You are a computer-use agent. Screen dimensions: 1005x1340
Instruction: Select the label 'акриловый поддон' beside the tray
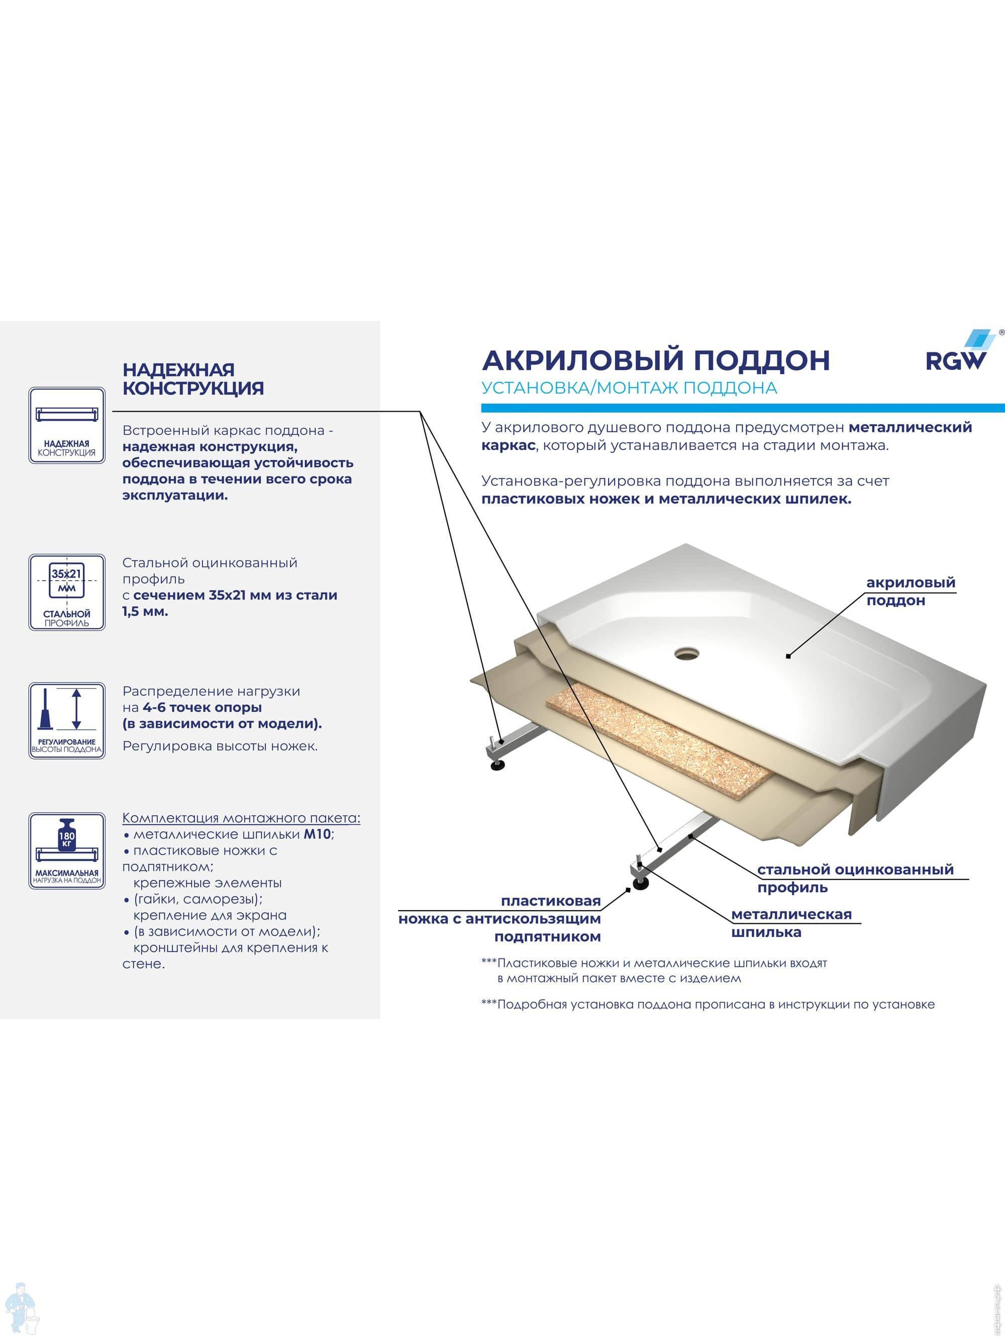pos(911,591)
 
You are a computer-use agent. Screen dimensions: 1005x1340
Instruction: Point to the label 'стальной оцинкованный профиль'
pos(855,879)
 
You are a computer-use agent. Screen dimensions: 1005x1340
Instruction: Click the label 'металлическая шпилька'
pos(791,923)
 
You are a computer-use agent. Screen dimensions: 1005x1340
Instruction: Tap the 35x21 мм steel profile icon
pos(67,592)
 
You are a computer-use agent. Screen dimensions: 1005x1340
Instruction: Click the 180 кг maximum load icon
pos(67,850)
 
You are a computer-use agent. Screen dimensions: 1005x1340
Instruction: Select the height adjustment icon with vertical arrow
pos(67,720)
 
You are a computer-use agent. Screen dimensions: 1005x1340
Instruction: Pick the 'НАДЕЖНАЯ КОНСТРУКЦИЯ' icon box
pos(67,425)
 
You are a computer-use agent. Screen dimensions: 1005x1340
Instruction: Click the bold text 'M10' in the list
pos(317,834)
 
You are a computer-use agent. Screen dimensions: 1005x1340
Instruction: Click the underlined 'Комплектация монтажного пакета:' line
pos(241,818)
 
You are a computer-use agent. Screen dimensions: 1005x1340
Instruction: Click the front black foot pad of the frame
pos(640,885)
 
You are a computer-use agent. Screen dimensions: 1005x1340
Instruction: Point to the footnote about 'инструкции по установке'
pos(708,1004)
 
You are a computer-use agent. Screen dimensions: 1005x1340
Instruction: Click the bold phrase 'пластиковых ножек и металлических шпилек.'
pos(666,499)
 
